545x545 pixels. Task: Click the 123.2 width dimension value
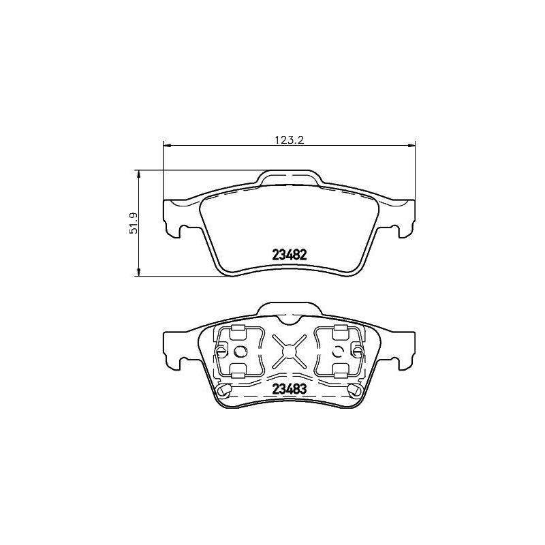pos(288,140)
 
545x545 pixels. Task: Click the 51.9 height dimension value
pos(134,223)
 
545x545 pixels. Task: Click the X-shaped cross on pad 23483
pos(289,352)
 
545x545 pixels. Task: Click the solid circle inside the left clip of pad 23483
pos(239,352)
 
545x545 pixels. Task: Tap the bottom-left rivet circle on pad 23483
pos(224,390)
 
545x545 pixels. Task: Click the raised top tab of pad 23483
pos(289,311)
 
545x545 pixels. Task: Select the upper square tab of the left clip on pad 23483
pos(238,332)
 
